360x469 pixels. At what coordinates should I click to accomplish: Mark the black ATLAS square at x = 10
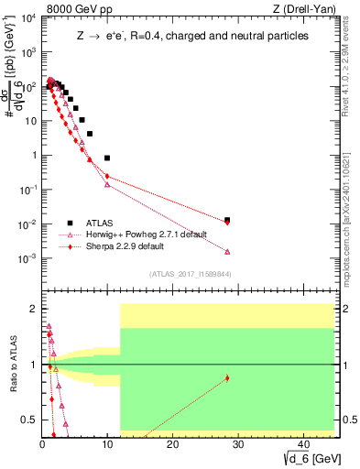[x=107, y=158]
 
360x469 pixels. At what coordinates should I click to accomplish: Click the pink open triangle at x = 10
[x=107, y=184]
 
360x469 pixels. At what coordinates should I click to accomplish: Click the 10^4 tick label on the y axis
[x=27, y=17]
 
